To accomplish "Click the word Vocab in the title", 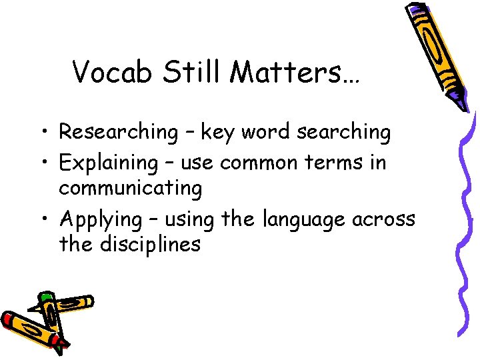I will click(113, 72).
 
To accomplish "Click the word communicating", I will click(130, 188).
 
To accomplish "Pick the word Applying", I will click(101, 219).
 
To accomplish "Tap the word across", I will click(387, 219).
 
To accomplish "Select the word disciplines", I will click(150, 244).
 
